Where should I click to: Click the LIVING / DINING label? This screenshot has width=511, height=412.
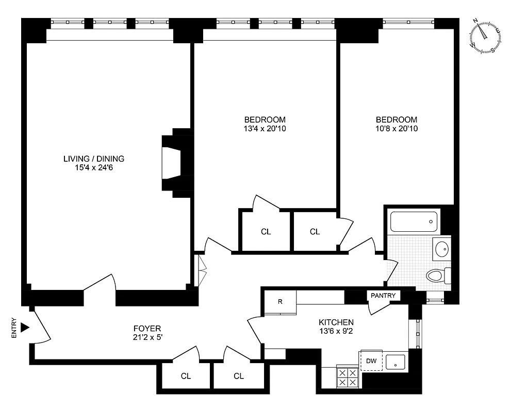[94, 159]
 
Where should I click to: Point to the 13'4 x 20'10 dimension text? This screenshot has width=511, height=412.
[265, 128]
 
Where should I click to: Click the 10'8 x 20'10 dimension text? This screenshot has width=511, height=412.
[397, 128]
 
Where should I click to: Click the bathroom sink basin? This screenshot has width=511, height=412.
[442, 249]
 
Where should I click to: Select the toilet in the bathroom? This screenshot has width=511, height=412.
[438, 276]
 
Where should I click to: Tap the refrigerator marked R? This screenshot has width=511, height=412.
[280, 302]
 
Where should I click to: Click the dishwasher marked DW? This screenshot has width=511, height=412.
[371, 360]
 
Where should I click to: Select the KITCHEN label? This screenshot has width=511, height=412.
[336, 322]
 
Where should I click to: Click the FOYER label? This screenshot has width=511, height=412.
[147, 328]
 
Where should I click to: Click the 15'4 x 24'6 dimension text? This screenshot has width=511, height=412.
[94, 167]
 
